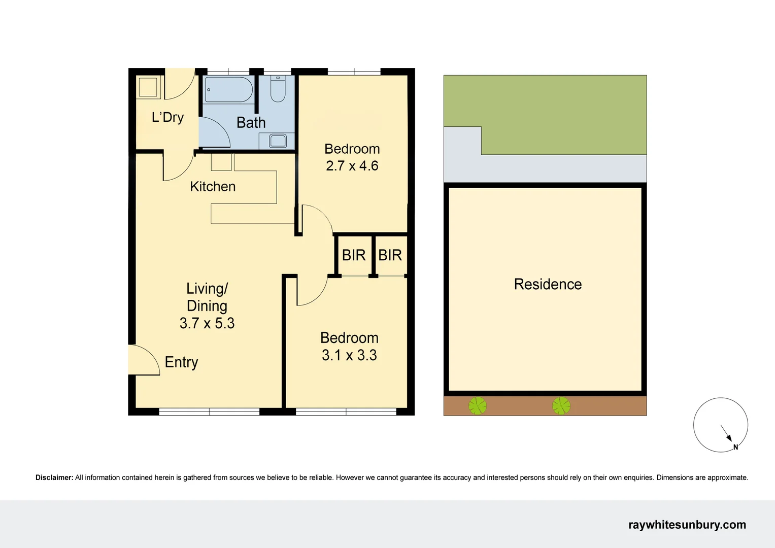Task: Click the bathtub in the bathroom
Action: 228,90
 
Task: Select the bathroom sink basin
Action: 278,141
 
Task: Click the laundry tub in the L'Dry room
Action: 148,87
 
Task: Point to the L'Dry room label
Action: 167,117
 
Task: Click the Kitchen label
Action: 213,186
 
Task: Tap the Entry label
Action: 181,362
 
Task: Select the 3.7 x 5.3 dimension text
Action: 207,323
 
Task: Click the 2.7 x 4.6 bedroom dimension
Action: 352,166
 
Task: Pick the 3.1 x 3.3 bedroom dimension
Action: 349,355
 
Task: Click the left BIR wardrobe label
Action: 353,255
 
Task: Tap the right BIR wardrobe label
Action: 390,255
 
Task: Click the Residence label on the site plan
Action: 548,284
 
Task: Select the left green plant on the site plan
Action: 477,406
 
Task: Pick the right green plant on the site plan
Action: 561,406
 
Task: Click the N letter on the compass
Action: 735,447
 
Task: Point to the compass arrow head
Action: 729,439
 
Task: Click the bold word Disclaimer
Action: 54,477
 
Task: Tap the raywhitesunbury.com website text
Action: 687,525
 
